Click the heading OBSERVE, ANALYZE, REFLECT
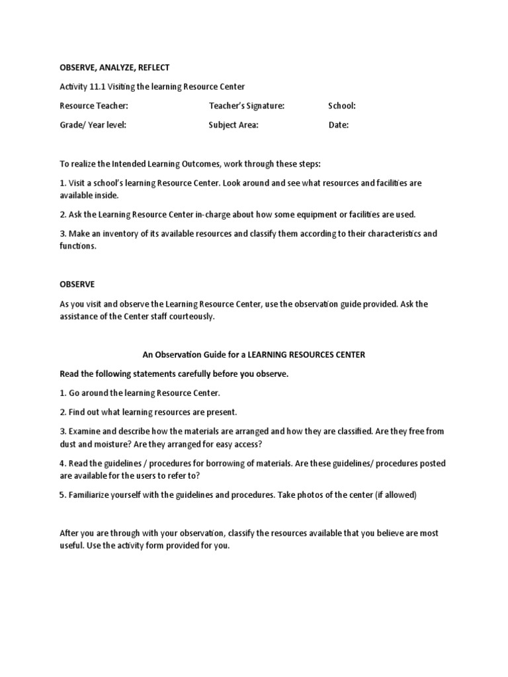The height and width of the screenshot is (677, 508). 114,67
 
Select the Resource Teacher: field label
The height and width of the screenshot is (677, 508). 94,106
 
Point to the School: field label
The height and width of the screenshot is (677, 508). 342,106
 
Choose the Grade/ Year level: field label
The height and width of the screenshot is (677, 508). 93,124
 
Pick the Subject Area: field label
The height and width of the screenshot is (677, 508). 233,124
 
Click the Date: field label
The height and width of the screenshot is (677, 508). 338,124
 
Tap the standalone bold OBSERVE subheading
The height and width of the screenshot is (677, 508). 77,284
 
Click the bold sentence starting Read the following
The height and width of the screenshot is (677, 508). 174,374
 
